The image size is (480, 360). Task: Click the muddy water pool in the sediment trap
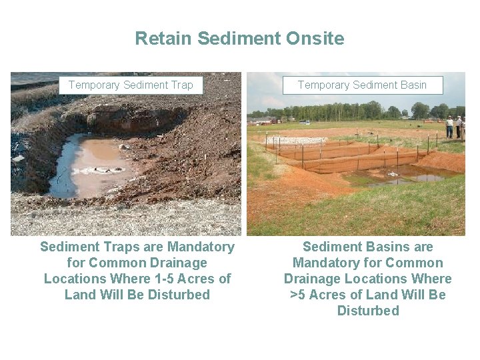93,160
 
